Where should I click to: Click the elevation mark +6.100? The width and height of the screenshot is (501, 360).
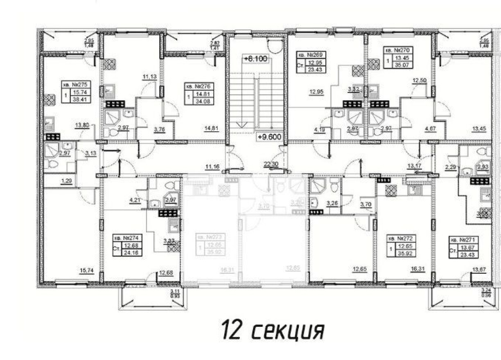coord(255,59)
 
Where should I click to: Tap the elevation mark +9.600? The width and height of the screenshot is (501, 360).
coord(269,137)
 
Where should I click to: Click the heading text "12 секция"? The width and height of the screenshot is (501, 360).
coord(273,330)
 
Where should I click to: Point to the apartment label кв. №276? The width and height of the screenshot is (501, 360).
coord(200,87)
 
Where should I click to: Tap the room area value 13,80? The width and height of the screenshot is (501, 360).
coord(81,126)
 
